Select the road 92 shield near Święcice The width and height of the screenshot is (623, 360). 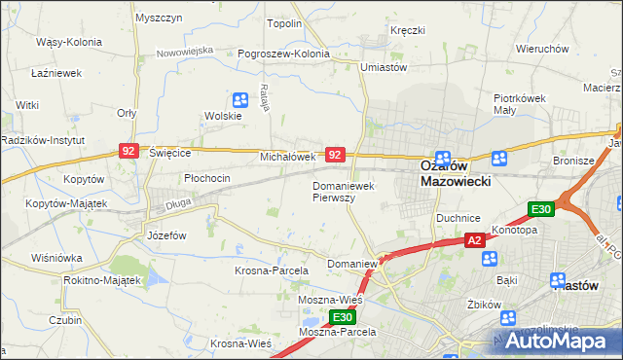[x=128, y=151]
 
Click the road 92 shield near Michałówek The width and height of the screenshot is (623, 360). [x=335, y=155]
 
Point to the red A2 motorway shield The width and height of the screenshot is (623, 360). [x=474, y=239]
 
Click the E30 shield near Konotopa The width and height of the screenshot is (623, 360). [x=541, y=209]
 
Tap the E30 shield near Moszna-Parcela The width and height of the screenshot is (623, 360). [x=342, y=317]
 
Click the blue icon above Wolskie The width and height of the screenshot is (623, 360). [x=240, y=99]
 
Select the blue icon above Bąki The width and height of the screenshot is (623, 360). [x=490, y=259]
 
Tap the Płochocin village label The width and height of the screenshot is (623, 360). [x=206, y=178]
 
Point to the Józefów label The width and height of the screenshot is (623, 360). [x=165, y=235]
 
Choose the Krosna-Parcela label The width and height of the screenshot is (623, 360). [x=272, y=270]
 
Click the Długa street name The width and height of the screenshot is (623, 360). [x=176, y=201]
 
